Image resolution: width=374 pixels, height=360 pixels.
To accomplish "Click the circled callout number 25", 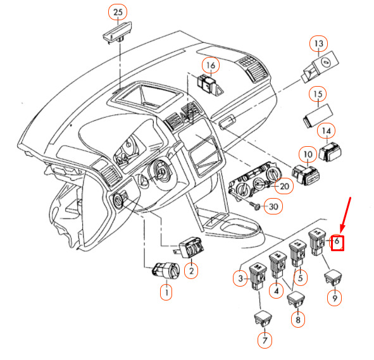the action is [x=118, y=12].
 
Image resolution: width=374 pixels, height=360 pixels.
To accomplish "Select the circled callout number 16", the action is [x=211, y=65].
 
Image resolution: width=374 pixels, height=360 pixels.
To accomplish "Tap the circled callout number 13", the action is [x=319, y=44].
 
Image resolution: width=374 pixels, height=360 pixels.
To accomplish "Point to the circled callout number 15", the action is [x=318, y=94].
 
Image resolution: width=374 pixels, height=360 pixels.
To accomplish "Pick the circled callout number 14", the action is [x=327, y=131].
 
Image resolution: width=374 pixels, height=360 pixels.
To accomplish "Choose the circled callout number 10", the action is [x=308, y=154].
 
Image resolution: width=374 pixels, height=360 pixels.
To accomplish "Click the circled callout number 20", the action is [x=284, y=186].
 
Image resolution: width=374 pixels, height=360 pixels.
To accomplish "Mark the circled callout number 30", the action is [x=273, y=206].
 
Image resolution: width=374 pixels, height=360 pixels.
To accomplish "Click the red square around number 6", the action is [x=337, y=243].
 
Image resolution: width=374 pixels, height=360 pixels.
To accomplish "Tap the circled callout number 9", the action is [x=335, y=298].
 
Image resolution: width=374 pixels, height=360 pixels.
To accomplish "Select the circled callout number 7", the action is [x=265, y=340].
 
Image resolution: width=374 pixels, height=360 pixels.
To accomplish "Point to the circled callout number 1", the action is [x=166, y=292].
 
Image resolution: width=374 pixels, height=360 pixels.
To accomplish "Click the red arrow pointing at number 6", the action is [x=346, y=214].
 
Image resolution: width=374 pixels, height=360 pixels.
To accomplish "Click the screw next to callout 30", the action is [x=254, y=206].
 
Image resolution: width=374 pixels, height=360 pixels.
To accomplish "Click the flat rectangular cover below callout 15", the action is [x=318, y=116].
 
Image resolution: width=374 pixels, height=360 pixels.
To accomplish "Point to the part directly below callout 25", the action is [x=117, y=32].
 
